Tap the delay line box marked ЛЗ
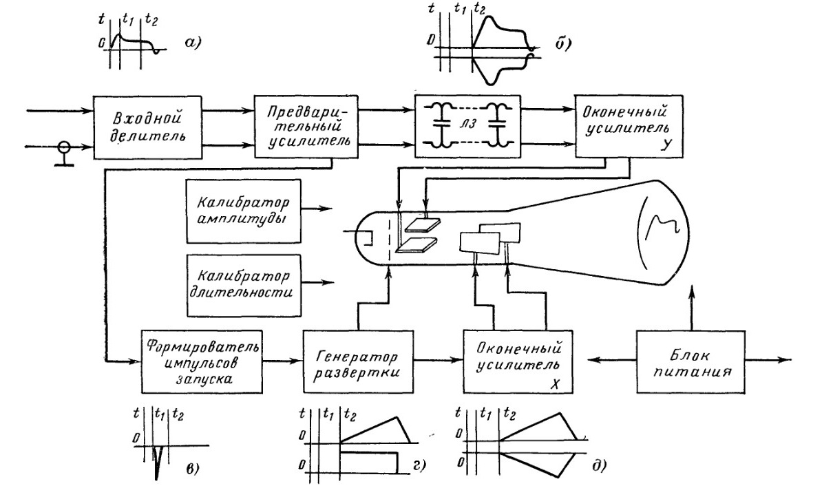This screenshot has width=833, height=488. (465, 126)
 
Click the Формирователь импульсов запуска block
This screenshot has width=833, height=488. (201, 361)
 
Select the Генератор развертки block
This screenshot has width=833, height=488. (359, 361)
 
